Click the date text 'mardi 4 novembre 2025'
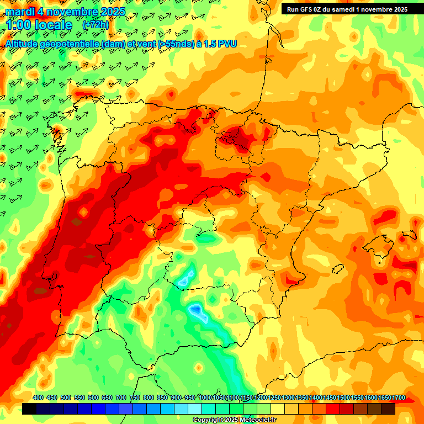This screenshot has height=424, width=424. [65, 12]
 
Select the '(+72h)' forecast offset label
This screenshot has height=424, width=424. [96, 25]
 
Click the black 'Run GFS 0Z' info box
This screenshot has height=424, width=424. [347, 9]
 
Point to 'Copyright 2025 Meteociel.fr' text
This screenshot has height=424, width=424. [235, 420]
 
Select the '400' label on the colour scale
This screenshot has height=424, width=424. [38, 398]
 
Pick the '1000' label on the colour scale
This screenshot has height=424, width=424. [205, 398]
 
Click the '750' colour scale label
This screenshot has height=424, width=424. [135, 398]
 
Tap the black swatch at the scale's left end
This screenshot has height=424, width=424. [29, 409]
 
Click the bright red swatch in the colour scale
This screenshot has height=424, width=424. [332, 409]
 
